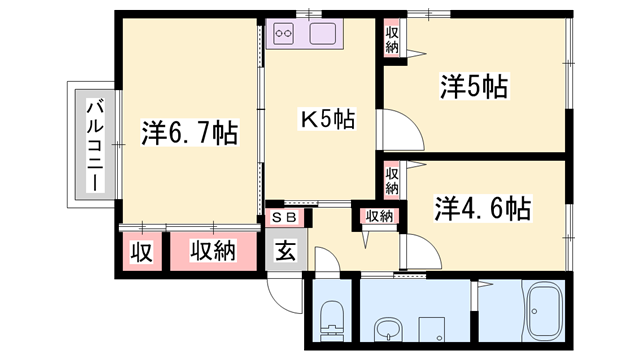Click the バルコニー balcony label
coord(93,145)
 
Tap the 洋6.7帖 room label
coord(189,132)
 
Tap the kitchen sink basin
coord(325,34)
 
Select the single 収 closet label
coord(142,251)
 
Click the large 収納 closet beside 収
coord(212,251)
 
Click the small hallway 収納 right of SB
coord(378,216)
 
